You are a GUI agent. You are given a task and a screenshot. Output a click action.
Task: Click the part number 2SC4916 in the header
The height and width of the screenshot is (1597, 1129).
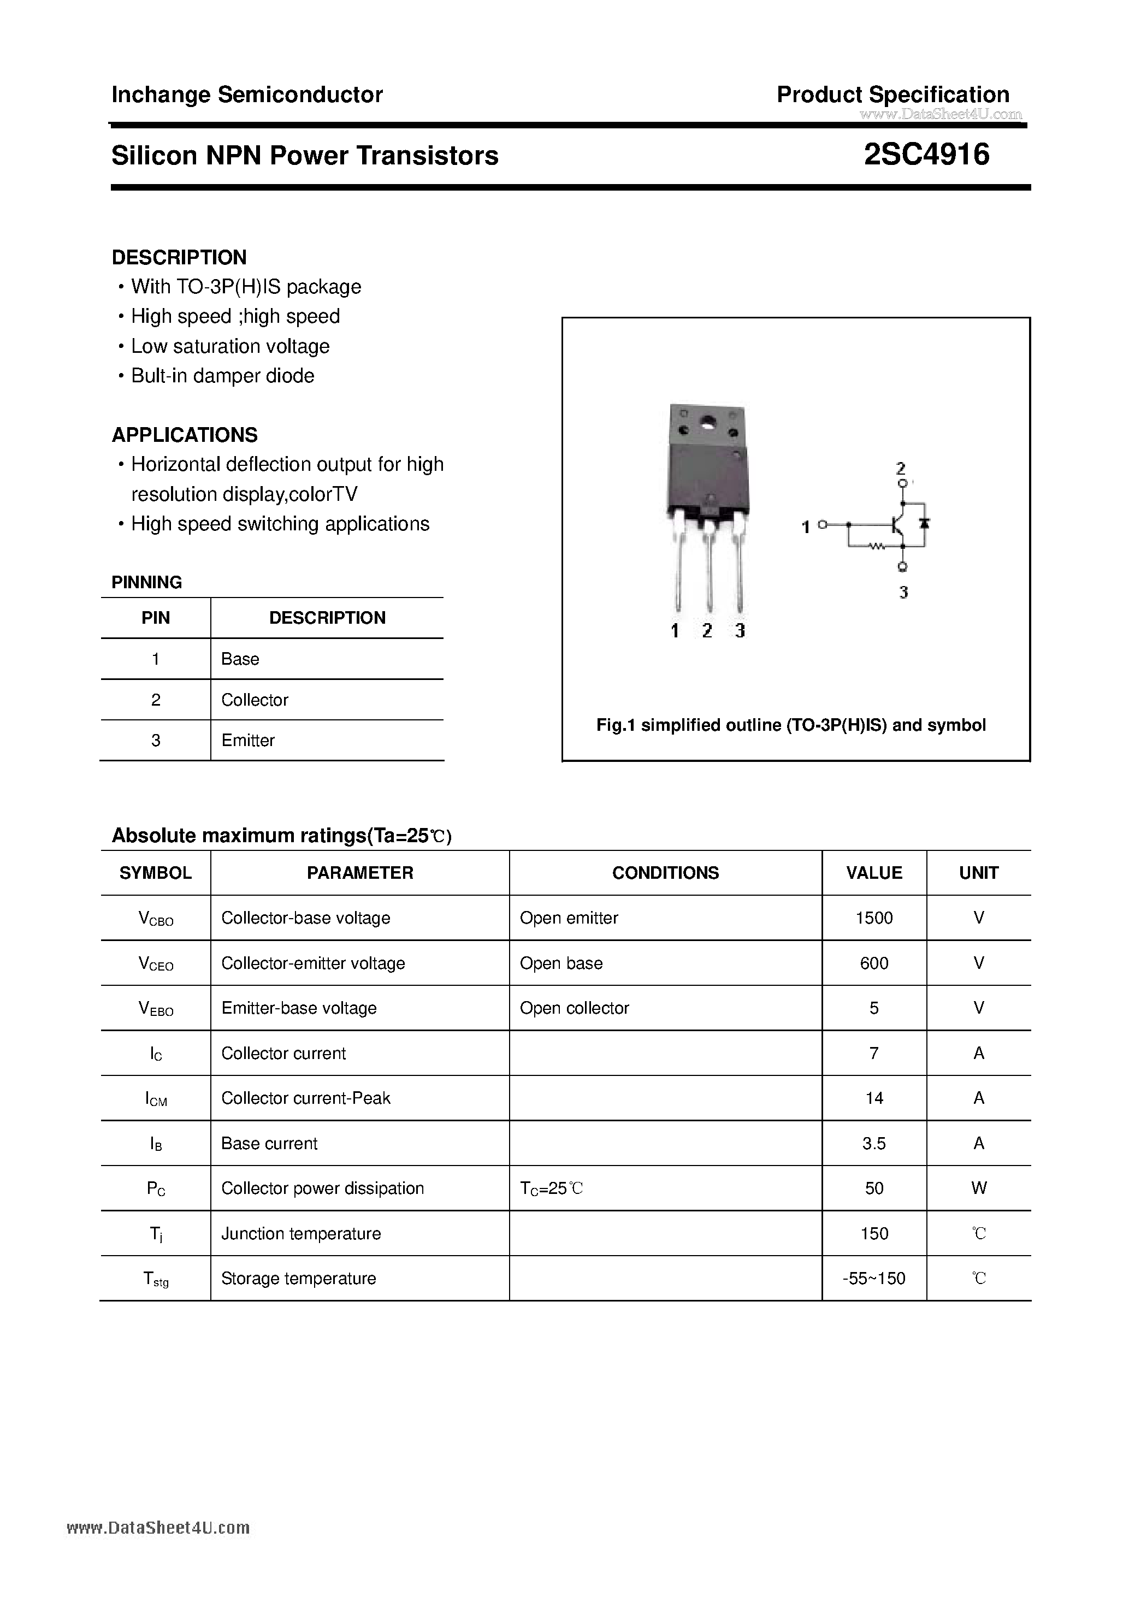tap(926, 155)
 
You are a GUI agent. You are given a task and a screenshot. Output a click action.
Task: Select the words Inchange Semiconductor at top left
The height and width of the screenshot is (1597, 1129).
tap(247, 94)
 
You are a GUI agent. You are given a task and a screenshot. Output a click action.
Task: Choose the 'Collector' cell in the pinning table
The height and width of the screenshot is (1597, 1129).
tap(255, 700)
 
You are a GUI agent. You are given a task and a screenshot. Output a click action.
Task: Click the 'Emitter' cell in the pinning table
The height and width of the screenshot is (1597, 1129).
tap(247, 740)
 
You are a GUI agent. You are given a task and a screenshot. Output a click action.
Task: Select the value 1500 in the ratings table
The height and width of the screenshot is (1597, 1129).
tap(874, 918)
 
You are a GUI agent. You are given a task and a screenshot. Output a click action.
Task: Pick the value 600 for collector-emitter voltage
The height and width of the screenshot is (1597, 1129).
tap(874, 963)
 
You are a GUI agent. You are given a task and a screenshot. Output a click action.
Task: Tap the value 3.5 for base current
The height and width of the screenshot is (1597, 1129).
tap(874, 1143)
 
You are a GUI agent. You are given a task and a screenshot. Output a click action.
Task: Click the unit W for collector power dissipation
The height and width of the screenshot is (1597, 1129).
tap(978, 1188)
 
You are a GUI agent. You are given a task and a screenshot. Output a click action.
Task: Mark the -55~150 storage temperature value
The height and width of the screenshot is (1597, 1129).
tap(874, 1277)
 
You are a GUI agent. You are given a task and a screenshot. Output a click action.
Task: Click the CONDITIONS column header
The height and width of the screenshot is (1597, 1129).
tap(665, 872)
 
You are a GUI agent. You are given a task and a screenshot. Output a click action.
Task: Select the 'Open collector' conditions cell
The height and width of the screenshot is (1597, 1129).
tap(574, 1008)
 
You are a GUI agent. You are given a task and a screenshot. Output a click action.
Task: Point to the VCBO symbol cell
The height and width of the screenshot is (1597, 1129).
tap(156, 918)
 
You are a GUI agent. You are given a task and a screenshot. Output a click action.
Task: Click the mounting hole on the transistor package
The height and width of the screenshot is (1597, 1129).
tap(708, 422)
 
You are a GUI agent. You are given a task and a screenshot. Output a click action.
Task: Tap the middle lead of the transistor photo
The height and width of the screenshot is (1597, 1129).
tap(708, 570)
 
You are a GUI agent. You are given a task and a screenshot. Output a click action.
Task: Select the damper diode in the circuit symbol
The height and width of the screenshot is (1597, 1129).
tap(925, 523)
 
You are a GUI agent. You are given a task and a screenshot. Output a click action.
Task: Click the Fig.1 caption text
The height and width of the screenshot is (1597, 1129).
tap(791, 725)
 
